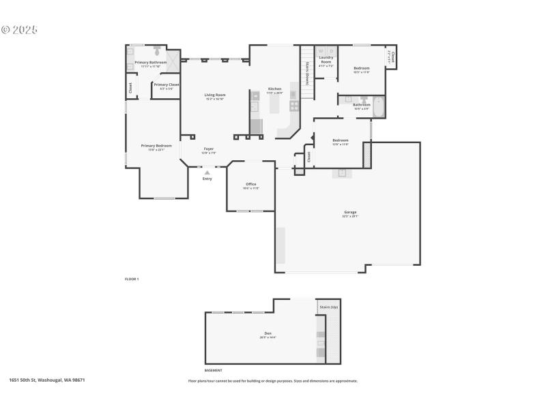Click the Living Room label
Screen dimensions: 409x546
click(215, 95)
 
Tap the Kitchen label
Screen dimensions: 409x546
click(274, 89)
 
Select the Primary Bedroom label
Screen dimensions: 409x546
click(156, 146)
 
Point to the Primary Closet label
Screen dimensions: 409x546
click(167, 85)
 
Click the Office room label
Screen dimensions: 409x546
click(251, 184)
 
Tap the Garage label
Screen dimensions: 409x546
click(350, 212)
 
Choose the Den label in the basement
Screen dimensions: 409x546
click(266, 334)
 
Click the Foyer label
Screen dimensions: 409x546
click(209, 149)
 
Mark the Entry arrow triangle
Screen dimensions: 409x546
click(207, 173)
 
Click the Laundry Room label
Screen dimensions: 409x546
click(326, 59)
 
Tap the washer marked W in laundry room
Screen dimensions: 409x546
click(321, 50)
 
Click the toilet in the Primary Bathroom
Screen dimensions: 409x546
click(157, 50)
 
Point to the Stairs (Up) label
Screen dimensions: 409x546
click(329, 307)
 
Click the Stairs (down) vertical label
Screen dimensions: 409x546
click(308, 73)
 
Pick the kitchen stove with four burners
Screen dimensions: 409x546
click(294, 106)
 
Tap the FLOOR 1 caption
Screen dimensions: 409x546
click(132, 279)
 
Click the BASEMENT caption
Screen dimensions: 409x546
click(214, 370)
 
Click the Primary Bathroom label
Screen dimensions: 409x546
click(151, 62)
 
